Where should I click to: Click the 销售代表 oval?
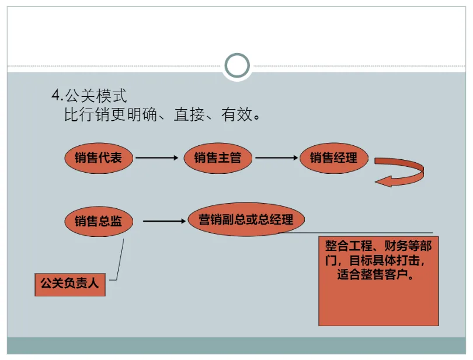point(99,158)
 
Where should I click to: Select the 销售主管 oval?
point(217,158)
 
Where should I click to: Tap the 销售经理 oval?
point(336,157)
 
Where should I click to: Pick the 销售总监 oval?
point(99,221)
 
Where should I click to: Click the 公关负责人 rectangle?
point(70,285)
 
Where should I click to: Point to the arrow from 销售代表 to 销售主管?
point(156,158)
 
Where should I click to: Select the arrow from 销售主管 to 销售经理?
point(276,158)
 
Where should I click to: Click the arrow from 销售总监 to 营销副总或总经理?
point(164,221)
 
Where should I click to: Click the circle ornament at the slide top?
point(237,66)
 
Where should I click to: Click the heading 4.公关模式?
point(89,95)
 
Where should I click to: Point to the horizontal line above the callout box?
point(362,233)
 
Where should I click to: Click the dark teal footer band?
point(236,345)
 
